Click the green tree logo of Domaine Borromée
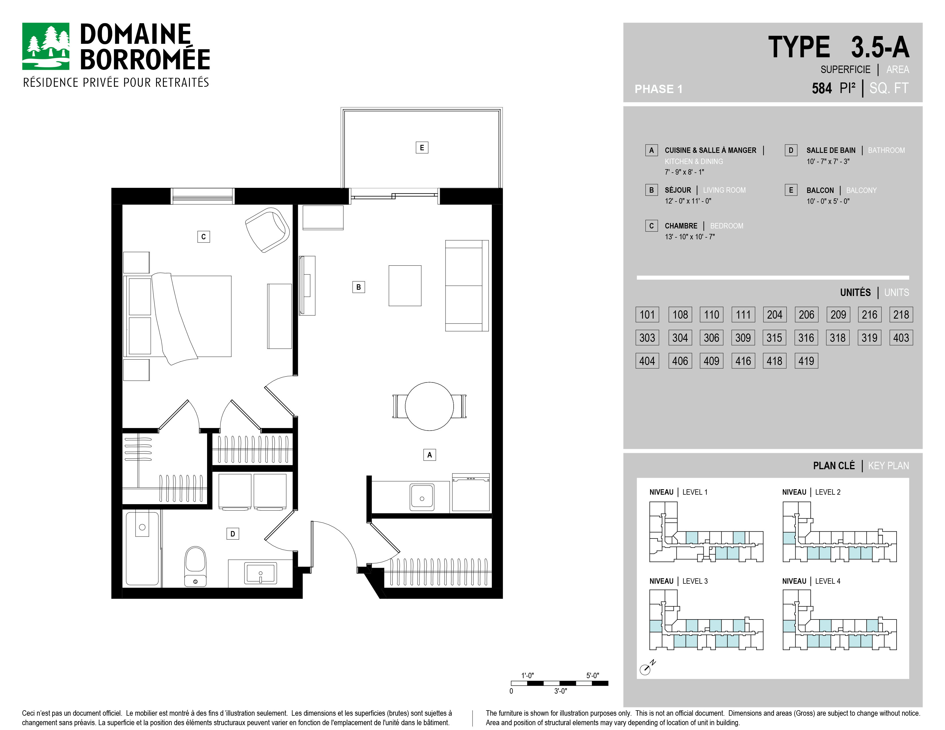pyautogui.click(x=46, y=46)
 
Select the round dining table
pyautogui.click(x=429, y=406)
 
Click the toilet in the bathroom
pyautogui.click(x=196, y=566)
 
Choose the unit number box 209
pyautogui.click(x=838, y=314)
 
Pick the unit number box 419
pyautogui.click(x=806, y=361)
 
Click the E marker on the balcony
pyautogui.click(x=422, y=147)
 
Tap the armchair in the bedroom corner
pyautogui.click(x=267, y=230)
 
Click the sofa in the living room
pyautogui.click(x=467, y=285)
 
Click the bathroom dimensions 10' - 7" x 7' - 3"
pyautogui.click(x=828, y=161)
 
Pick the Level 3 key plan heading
pyautogui.click(x=678, y=581)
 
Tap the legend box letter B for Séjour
pyautogui.click(x=651, y=190)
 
